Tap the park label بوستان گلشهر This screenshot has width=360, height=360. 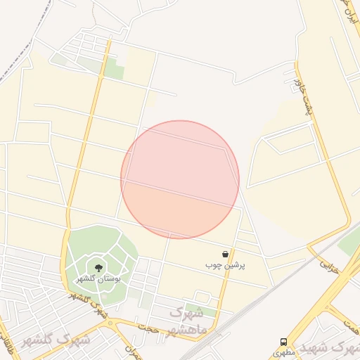tap(98, 278)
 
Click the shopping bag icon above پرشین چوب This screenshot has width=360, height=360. tap(225, 254)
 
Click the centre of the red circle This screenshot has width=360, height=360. tap(180, 179)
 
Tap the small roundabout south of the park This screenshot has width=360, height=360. tap(111, 323)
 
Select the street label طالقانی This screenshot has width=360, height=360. tap(6, 345)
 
